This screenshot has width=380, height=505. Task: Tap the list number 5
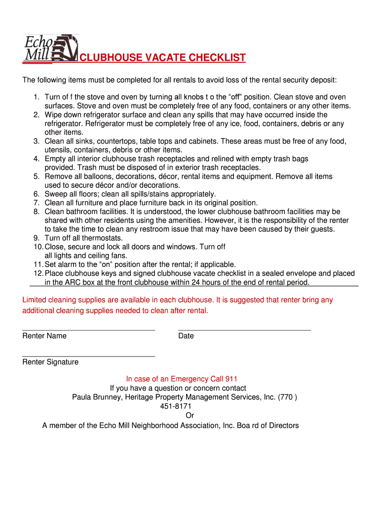(37, 177)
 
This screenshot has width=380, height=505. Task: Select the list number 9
(37, 238)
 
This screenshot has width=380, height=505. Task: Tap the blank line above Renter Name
(89, 329)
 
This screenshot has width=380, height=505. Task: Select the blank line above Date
(244, 329)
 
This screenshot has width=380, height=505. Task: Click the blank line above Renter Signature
(89, 356)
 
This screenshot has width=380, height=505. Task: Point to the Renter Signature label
(50, 362)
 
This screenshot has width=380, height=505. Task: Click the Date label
(186, 336)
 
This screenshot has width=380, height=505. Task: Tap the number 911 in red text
(231, 379)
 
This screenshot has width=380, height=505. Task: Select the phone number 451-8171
(176, 406)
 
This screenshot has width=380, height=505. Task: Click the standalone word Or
(190, 416)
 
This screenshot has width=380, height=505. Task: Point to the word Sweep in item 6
(56, 194)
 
